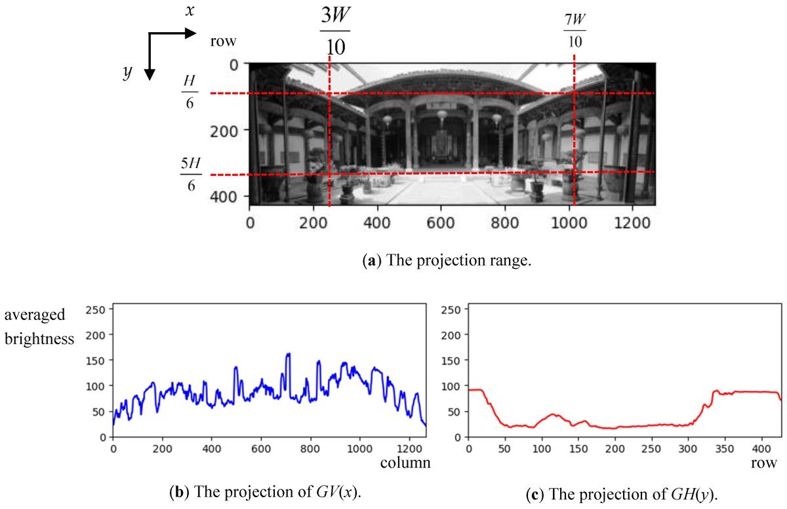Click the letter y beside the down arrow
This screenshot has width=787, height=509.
127,73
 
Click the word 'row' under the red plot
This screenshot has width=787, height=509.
764,463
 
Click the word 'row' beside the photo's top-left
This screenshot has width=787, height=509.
223,41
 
